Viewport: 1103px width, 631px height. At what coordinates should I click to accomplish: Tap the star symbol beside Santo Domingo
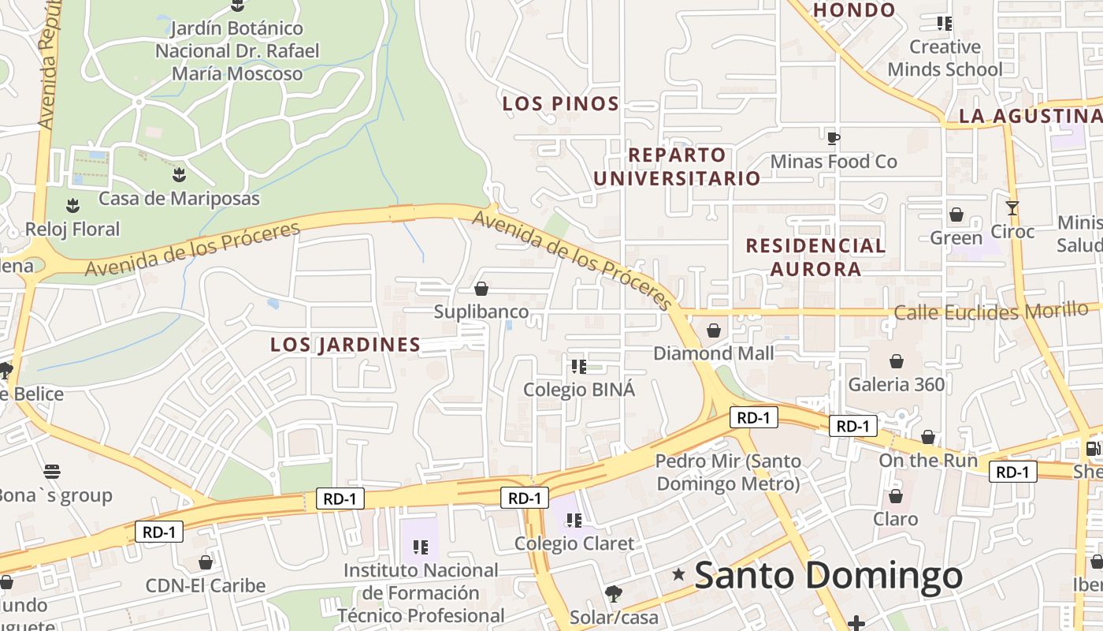[x=678, y=575]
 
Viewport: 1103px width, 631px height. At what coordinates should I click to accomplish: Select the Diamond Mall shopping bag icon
[x=714, y=330]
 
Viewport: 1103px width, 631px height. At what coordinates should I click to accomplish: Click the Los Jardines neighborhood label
[x=345, y=345]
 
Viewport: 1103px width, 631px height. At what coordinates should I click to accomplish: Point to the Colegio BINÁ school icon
[x=579, y=366]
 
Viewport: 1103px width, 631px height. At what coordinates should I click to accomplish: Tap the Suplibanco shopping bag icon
[x=481, y=289]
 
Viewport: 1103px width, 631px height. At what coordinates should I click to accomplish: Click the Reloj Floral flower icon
[x=73, y=206]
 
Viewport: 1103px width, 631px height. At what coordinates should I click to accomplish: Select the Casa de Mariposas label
[x=179, y=198]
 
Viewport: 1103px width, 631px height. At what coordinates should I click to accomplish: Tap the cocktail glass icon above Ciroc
[x=1012, y=208]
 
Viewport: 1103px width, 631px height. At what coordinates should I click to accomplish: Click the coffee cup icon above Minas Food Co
[x=833, y=139]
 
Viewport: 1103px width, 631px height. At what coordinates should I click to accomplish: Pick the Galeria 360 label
[x=896, y=385]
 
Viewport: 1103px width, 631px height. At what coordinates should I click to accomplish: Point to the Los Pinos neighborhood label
[x=561, y=103]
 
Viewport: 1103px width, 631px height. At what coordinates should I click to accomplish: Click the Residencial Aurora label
[x=815, y=257]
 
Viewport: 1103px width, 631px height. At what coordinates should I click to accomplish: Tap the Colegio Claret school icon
[x=574, y=520]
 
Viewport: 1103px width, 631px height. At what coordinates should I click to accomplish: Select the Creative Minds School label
[x=945, y=58]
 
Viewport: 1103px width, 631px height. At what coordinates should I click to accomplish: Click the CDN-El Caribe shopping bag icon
[x=206, y=562]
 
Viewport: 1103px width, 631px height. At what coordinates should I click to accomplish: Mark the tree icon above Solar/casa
[x=614, y=593]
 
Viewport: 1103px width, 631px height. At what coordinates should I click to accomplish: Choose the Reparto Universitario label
[x=677, y=166]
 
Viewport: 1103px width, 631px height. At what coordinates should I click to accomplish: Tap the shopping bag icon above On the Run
[x=928, y=437]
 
